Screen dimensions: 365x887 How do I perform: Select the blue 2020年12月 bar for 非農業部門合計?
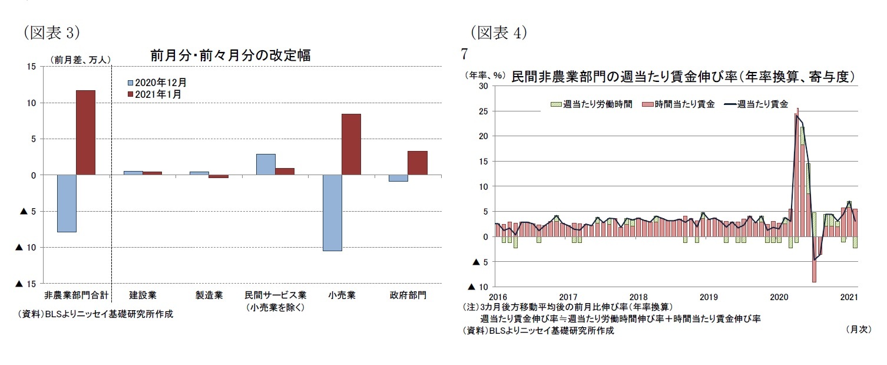pos(67,203)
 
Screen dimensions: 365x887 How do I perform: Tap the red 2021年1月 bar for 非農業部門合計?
pos(85,133)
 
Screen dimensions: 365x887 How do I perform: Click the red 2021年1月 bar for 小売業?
pos(351,144)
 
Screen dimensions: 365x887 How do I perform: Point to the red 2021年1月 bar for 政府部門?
pos(418,163)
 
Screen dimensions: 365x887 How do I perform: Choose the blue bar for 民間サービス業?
pos(266,165)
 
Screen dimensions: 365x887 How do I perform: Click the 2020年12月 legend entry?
pos(157,83)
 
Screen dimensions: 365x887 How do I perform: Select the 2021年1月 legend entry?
pos(154,94)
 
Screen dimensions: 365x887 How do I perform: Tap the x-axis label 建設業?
pos(143,295)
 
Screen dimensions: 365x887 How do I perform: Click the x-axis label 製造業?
pos(209,295)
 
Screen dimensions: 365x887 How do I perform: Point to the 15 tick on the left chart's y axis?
pos(31,67)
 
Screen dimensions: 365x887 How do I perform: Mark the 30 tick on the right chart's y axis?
pos(482,86)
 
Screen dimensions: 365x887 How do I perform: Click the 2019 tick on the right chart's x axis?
pos(708,297)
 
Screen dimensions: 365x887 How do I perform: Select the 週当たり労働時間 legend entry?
pos(591,104)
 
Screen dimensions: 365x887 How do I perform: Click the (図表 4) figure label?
pos(498,33)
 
